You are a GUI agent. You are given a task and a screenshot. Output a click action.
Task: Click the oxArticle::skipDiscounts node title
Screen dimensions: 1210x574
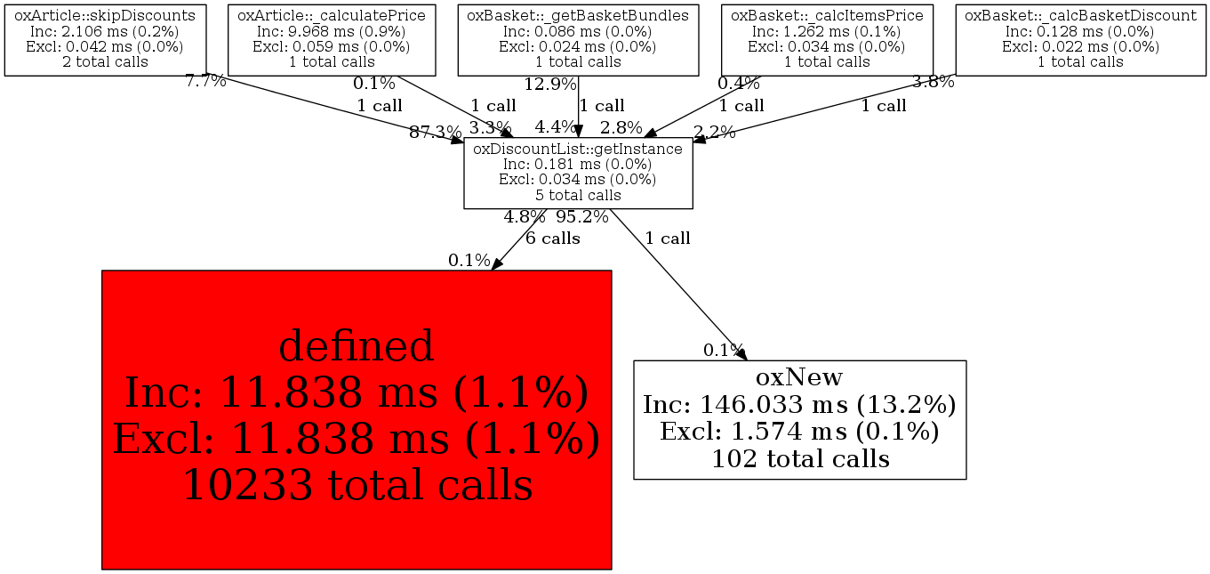105,16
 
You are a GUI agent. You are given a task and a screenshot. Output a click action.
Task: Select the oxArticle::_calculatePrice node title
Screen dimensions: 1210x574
332,16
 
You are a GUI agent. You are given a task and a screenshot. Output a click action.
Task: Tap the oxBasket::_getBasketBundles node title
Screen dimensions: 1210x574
578,16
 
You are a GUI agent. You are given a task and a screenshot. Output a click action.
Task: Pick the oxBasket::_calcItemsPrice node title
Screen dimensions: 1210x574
827,16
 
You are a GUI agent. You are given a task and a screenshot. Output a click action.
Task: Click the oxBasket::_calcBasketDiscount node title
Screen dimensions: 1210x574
1081,16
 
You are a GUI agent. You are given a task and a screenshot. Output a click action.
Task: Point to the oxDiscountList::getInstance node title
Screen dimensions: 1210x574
578,149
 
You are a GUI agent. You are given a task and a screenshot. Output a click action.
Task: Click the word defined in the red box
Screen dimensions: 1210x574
357,346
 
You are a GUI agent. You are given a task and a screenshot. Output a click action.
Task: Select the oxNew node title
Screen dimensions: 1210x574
799,376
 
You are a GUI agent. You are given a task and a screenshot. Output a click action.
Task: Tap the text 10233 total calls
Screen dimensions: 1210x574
358,484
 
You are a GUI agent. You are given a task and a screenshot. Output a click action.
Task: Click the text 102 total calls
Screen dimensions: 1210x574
800,459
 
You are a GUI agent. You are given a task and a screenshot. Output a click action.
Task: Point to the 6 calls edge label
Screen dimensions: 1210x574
553,238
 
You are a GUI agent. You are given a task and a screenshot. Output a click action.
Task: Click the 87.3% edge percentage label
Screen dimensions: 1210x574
436,132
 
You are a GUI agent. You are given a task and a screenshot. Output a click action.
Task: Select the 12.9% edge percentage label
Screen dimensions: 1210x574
550,85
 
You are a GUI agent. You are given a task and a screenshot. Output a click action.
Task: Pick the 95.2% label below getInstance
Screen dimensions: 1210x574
582,217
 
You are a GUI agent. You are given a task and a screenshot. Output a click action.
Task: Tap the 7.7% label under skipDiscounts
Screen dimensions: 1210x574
205,81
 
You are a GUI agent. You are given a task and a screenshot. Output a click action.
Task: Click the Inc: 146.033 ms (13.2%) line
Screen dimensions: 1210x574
799,404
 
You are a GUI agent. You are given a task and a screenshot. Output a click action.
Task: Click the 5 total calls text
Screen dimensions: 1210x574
578,195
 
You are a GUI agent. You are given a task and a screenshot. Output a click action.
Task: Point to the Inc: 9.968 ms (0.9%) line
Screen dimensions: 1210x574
332,31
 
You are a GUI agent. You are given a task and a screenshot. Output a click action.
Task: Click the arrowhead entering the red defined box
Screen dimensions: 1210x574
497,263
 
